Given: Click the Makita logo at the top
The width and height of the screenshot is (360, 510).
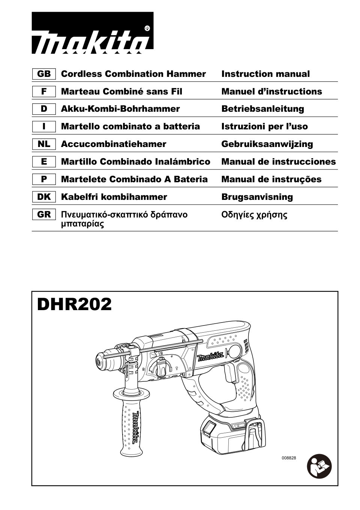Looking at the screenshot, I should pos(92,33).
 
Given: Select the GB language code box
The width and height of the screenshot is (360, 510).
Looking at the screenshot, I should pos(44,74).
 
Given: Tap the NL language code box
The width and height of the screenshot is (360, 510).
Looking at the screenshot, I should pos(44,144).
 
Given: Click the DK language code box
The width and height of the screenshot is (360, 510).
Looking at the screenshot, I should pos(44,197).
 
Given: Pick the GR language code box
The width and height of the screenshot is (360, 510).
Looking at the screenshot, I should pos(44,215).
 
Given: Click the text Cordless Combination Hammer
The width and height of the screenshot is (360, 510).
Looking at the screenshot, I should pos(133,74).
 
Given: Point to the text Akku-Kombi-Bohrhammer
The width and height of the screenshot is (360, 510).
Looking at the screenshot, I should pos(120,109).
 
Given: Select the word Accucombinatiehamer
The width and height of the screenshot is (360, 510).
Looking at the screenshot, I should pos(113,144).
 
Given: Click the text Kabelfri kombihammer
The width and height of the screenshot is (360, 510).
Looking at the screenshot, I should pos(114,197).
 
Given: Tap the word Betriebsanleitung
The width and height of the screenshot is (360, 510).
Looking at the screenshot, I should pos(262,109).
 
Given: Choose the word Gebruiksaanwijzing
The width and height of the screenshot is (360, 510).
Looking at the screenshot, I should pos(267,144).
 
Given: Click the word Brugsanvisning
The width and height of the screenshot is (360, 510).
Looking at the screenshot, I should pos(257,197).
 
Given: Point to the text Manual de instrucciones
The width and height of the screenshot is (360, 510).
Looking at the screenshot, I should pos(278,162).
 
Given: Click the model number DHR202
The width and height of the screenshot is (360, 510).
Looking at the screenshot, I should pos(75,304).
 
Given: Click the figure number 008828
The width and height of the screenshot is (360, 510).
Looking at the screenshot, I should pos(289,458).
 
